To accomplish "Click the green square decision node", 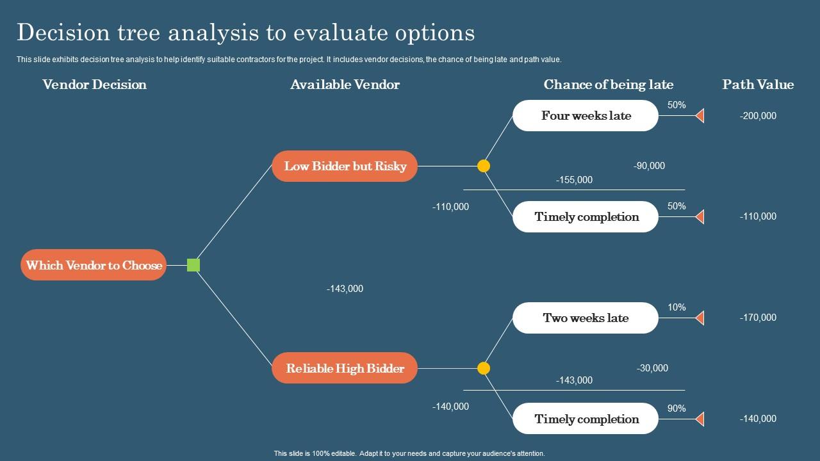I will [193, 265].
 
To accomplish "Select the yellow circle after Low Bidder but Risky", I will [484, 166].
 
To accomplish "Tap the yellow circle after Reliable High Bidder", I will [484, 368].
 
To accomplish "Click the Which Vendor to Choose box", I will [94, 265].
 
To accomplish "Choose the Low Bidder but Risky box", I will [345, 166].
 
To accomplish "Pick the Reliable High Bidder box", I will [345, 368].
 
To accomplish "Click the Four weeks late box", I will [586, 116].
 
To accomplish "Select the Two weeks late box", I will [586, 318].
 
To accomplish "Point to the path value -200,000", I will [758, 116].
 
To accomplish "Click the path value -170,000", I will [758, 318].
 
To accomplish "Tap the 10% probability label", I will [676, 307].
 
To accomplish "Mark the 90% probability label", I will [676, 408].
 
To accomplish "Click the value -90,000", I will [649, 166].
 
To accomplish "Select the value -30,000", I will [652, 368].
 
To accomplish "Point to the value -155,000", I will [574, 180].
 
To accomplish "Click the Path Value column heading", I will [758, 85].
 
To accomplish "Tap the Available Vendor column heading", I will [345, 85].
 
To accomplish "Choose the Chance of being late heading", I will [608, 85].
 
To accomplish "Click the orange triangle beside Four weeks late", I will [700, 116].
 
